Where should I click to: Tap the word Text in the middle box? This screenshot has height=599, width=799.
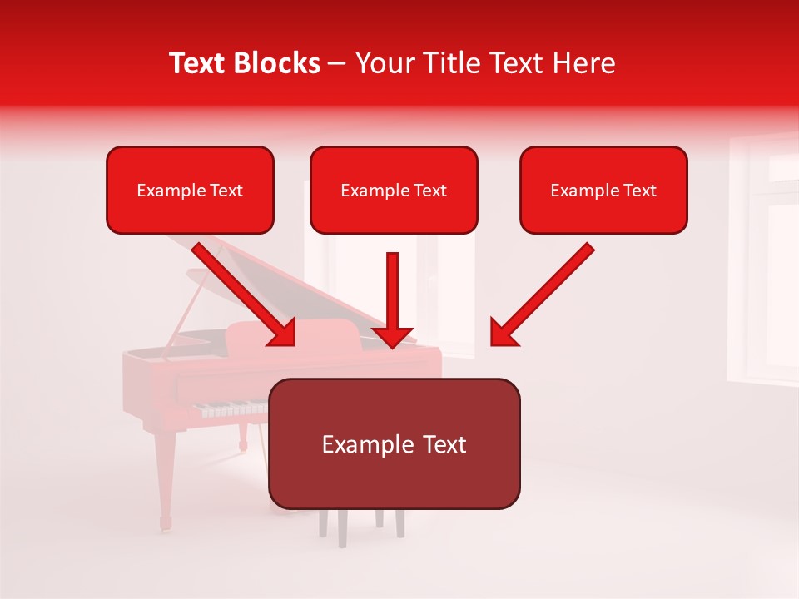coord(429,191)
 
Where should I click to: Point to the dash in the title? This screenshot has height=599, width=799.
coord(337,64)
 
